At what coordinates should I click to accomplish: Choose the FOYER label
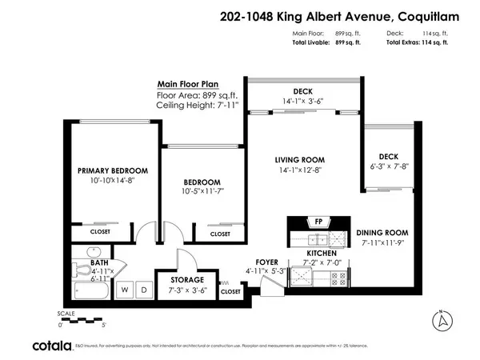pos(266,262)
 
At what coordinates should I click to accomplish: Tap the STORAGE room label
pos(186,280)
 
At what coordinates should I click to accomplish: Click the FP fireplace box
pos(318,221)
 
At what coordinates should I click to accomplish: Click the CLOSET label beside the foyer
pos(230,291)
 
